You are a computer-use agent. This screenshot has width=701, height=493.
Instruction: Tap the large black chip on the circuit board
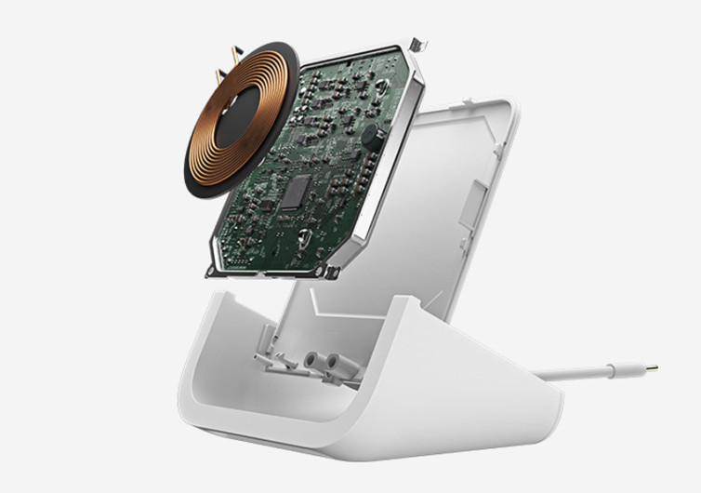tap(297, 192)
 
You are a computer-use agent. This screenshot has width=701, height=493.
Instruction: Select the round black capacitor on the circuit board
tap(371, 134)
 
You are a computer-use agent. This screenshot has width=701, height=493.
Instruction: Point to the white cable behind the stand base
tap(586, 374)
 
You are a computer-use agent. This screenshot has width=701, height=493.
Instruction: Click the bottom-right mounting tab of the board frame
tap(329, 272)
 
